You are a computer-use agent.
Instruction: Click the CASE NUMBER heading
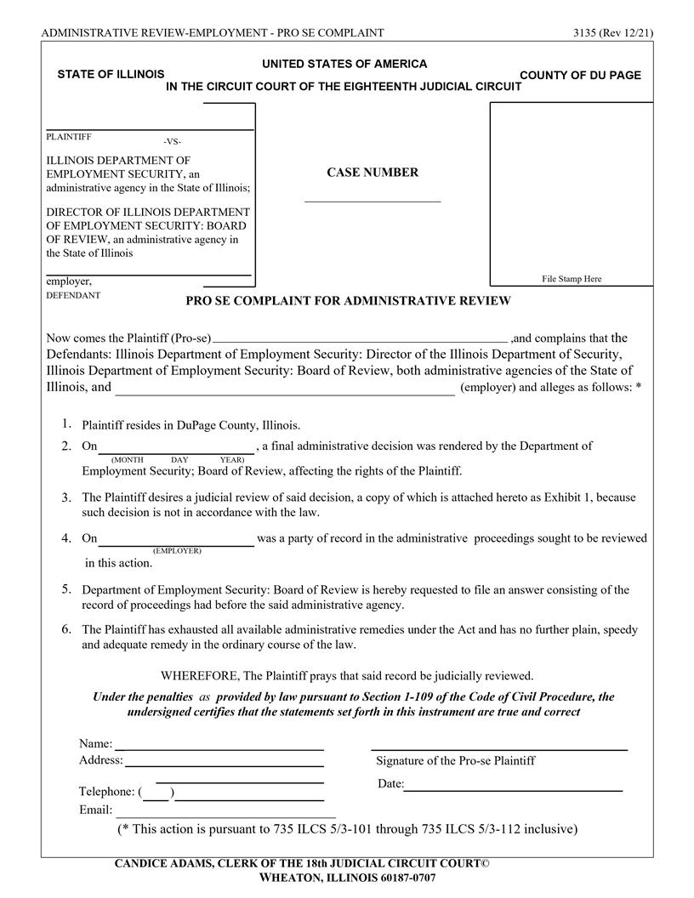coord(373,173)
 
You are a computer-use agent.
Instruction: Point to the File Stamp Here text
coord(572,279)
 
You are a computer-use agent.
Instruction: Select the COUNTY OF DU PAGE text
coord(580,76)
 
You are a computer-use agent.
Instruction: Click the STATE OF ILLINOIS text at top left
coord(111,75)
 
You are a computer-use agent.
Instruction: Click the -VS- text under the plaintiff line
coord(172,141)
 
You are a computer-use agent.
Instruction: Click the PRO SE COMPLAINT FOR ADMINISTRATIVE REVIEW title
coord(348,301)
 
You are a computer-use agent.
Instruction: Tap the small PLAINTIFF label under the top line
coord(68,136)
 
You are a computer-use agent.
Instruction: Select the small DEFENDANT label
coord(72,295)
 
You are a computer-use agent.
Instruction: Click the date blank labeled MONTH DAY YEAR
coord(176,447)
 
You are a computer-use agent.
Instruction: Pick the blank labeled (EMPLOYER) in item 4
coord(176,540)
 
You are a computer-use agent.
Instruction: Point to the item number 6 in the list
coord(65,629)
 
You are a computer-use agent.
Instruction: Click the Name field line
coord(219,745)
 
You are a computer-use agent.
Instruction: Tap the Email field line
coord(225,811)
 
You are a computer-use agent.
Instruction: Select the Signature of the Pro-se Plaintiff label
coord(455,760)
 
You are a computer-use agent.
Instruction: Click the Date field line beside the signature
coord(513,785)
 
